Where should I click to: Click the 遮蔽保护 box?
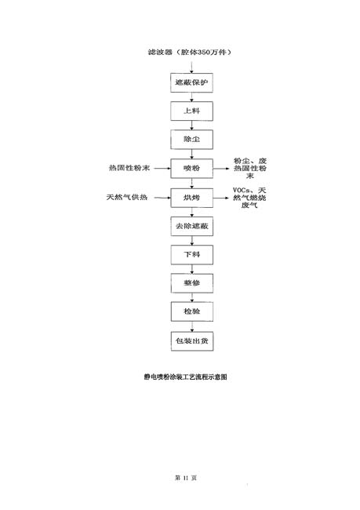(x=192, y=82)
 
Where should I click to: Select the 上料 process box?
(x=192, y=111)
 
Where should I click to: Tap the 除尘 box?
(x=192, y=140)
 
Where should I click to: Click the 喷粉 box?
(x=192, y=169)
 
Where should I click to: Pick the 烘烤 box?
(x=192, y=198)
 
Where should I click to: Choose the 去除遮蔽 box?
(x=192, y=226)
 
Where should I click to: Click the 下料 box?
(x=192, y=255)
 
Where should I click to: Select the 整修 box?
(x=192, y=283)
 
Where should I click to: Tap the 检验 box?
(x=192, y=311)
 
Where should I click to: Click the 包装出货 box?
(x=192, y=341)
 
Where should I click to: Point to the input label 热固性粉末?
(x=129, y=168)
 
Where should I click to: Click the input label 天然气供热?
(x=127, y=198)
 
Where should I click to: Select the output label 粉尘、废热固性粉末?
(x=250, y=168)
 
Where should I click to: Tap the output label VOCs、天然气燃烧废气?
(x=249, y=198)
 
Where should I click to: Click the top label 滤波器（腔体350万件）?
(x=190, y=52)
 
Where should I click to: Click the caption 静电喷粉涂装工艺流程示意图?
(x=186, y=377)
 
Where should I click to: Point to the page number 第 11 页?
(x=186, y=478)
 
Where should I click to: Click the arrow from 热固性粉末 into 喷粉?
(x=162, y=168)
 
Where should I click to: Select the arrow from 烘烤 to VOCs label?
(x=221, y=198)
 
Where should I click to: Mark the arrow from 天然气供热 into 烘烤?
(x=162, y=198)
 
